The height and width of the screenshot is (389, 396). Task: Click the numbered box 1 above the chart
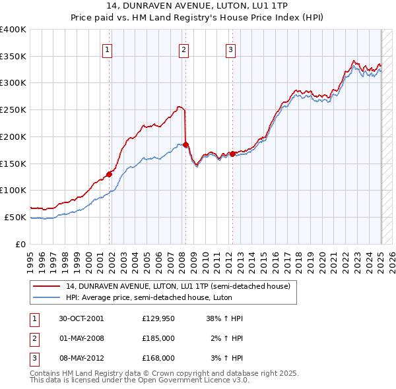107,48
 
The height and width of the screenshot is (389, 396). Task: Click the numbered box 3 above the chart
230,48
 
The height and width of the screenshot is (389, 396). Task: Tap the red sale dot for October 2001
109,174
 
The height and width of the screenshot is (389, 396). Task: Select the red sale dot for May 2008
185,144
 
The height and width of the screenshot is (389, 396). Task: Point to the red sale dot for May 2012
232,154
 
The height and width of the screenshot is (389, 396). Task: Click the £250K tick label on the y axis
13,110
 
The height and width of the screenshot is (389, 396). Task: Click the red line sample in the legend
48,286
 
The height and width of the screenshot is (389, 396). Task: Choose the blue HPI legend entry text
158,297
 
